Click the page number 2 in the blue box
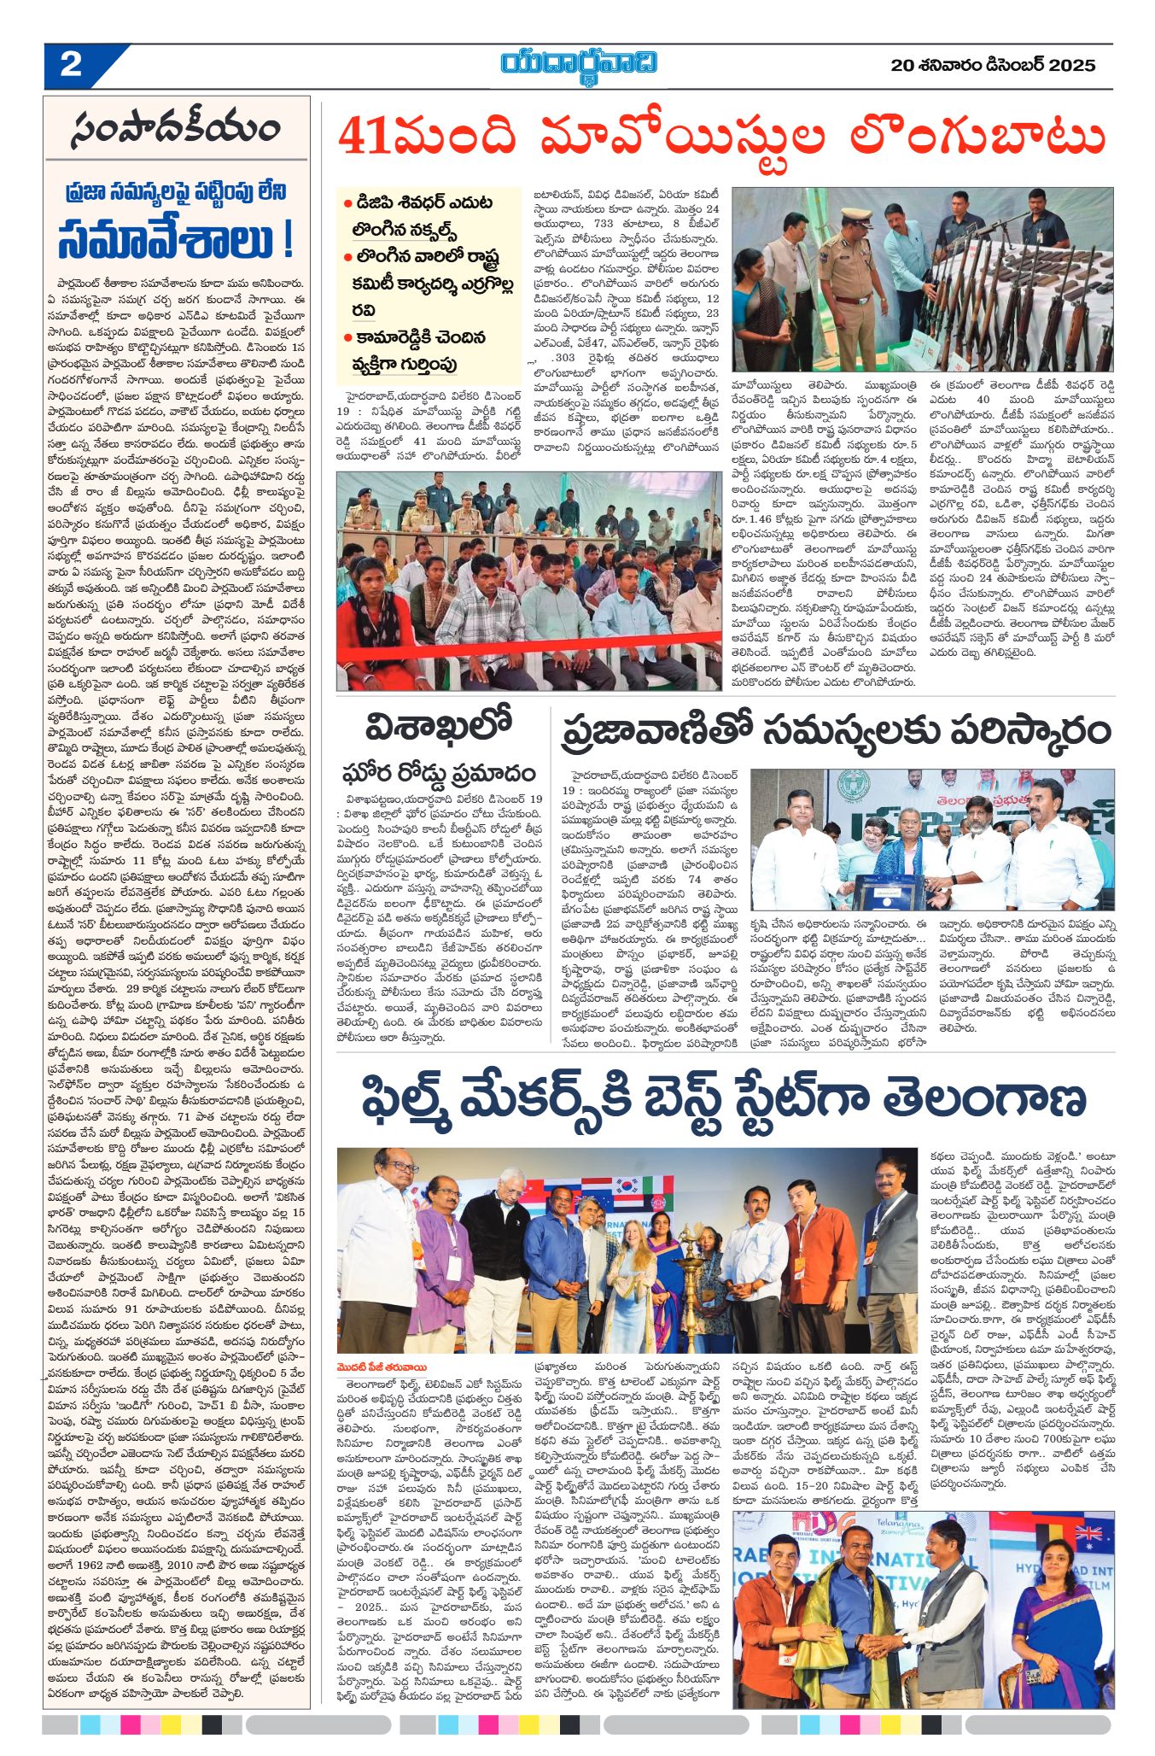coord(71,65)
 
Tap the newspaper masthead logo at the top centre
coord(579,65)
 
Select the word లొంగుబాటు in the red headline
coord(977,137)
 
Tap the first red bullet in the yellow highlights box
coord(348,204)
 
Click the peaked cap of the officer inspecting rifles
coord(856,218)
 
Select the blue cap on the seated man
coord(705,565)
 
